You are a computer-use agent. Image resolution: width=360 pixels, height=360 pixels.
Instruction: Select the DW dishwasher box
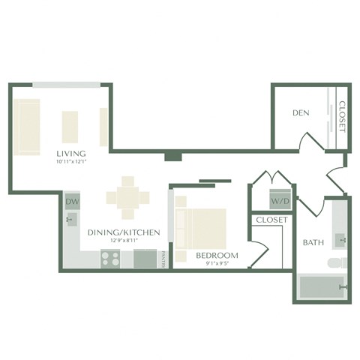pyautogui.click(x=72, y=202)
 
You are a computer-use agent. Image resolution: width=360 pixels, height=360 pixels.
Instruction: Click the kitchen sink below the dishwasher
pyautogui.click(x=72, y=220)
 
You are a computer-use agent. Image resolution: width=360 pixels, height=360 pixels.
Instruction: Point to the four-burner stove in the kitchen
pyautogui.click(x=110, y=259)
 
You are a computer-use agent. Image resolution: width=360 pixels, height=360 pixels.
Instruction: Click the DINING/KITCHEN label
pyautogui.click(x=124, y=232)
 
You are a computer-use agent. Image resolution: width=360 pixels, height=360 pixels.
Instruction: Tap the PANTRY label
pyautogui.click(x=163, y=259)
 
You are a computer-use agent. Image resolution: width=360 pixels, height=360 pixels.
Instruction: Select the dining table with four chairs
pyautogui.click(x=127, y=197)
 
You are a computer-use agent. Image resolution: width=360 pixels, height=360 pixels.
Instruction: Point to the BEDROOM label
pyautogui.click(x=217, y=255)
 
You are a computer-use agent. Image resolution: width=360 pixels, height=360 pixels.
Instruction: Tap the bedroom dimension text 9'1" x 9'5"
pyautogui.click(x=217, y=263)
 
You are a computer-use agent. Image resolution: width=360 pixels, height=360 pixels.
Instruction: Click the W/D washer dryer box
pyautogui.click(x=280, y=201)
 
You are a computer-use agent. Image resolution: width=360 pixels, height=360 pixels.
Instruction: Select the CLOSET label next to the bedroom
pyautogui.click(x=271, y=220)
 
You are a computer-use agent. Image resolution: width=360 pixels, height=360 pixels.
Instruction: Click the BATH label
pyautogui.click(x=313, y=243)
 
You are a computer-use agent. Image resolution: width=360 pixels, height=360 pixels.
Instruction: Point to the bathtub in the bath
pyautogui.click(x=321, y=287)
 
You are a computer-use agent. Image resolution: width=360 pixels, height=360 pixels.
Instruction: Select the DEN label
pyautogui.click(x=301, y=113)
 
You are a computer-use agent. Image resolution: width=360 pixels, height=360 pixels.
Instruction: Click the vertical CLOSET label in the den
pyautogui.click(x=341, y=116)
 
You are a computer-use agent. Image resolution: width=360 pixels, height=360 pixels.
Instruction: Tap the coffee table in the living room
pyautogui.click(x=70, y=127)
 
